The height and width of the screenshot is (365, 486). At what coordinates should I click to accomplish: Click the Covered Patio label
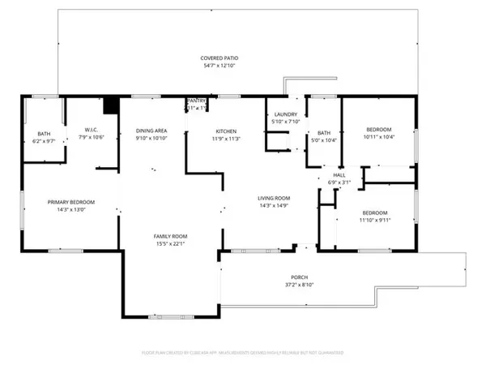220,58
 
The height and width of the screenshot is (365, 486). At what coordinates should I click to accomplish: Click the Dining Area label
151,131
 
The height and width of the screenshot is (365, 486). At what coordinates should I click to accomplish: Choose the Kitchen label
226,131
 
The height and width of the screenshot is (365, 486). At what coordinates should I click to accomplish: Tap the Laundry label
286,115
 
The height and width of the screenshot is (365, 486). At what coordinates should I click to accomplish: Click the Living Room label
275,198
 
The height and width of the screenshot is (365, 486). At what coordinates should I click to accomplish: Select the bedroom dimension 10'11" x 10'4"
378,137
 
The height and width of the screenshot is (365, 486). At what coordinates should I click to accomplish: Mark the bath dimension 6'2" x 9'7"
45,141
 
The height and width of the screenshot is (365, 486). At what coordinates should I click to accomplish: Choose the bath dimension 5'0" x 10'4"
324,141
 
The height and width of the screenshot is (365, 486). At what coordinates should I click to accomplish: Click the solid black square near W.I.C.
111,105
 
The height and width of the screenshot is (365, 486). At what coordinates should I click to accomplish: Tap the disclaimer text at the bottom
243,353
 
